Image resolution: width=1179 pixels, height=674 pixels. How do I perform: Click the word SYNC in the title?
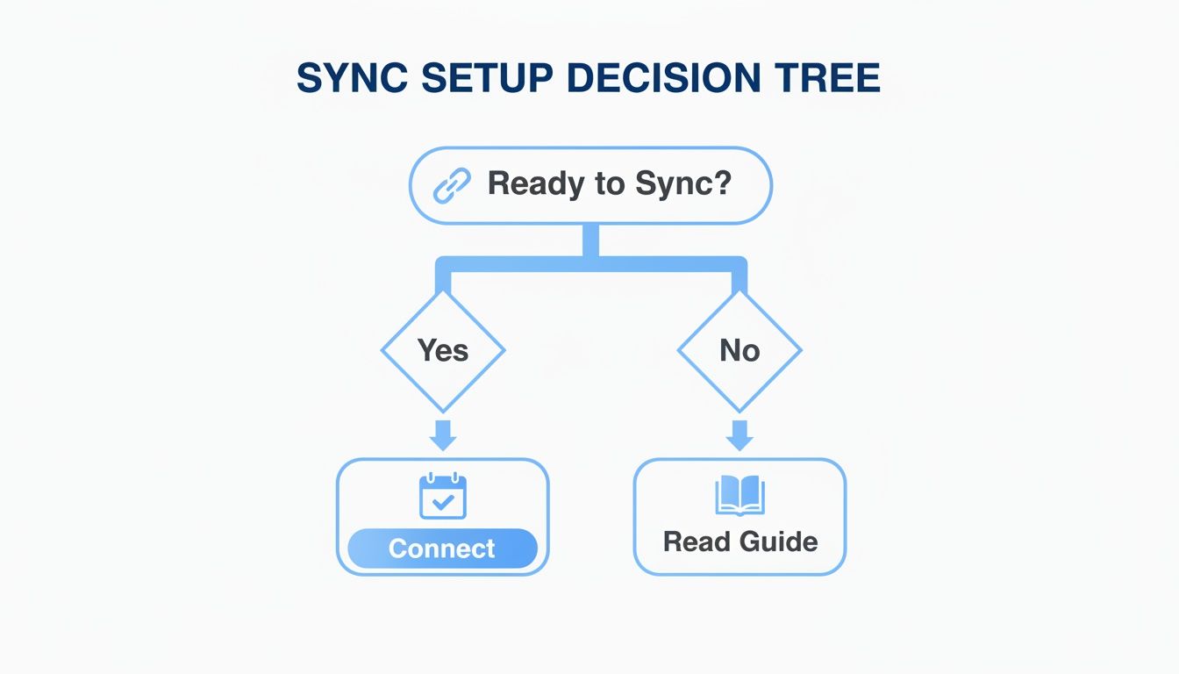[x=351, y=79]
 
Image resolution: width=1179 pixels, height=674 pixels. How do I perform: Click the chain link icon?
[x=453, y=185]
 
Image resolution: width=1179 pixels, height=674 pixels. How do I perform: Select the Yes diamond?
[x=443, y=350]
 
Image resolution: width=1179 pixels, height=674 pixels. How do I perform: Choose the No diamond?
[x=740, y=350]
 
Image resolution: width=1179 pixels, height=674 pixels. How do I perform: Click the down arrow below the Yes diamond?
[x=443, y=435]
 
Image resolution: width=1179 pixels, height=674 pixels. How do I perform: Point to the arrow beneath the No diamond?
[x=740, y=435]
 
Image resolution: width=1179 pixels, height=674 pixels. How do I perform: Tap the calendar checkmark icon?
[x=443, y=497]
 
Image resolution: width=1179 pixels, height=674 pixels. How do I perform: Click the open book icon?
[x=740, y=495]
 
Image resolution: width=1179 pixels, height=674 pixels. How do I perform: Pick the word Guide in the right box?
[x=779, y=541]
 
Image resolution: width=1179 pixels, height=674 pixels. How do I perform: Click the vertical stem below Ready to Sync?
[x=590, y=240]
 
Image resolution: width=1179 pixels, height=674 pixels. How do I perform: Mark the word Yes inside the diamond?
[x=443, y=350]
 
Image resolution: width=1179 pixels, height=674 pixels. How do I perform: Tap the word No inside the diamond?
[x=740, y=350]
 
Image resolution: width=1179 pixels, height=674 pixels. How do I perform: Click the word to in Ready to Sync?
[x=611, y=184]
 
